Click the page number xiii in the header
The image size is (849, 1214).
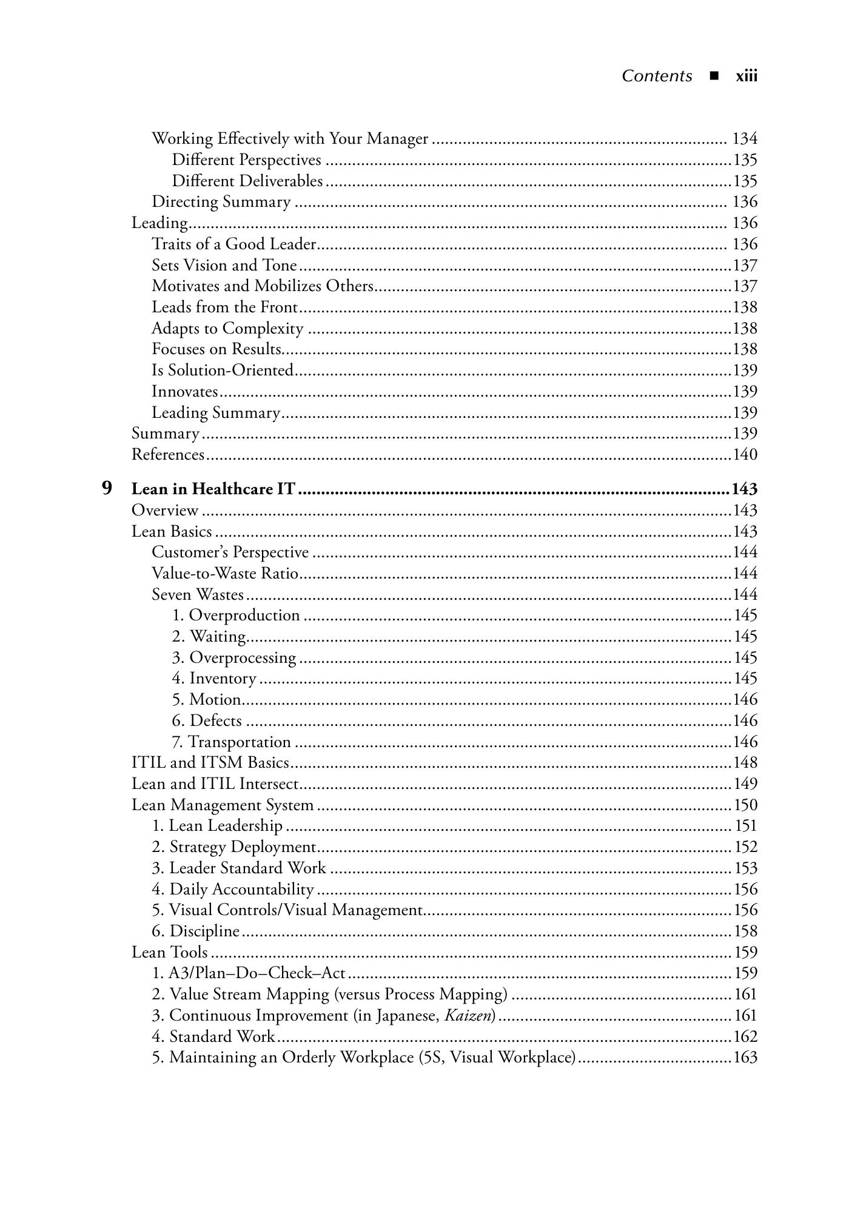[x=746, y=76]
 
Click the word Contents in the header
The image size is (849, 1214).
[x=657, y=76]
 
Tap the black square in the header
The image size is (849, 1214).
[x=714, y=76]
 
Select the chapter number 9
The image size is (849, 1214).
[x=107, y=488]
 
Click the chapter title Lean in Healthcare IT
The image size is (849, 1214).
[x=213, y=489]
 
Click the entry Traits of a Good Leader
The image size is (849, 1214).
[x=234, y=244]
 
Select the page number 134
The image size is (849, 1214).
[x=745, y=139]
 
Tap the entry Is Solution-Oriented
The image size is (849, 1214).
[x=223, y=370]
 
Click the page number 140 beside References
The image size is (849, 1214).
[x=745, y=454]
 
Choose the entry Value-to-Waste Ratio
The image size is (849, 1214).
[x=225, y=573]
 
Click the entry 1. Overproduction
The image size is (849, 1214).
[x=236, y=615]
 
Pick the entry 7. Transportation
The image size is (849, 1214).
[x=231, y=742]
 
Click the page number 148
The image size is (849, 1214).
[x=745, y=762]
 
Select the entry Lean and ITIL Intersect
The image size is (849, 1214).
[x=215, y=783]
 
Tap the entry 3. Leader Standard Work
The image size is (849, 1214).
[x=239, y=868]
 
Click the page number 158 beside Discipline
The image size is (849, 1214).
[x=745, y=931]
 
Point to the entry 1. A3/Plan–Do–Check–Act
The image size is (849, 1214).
[x=249, y=973]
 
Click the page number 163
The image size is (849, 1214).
[x=745, y=1057]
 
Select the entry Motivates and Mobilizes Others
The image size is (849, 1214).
[x=263, y=286]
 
